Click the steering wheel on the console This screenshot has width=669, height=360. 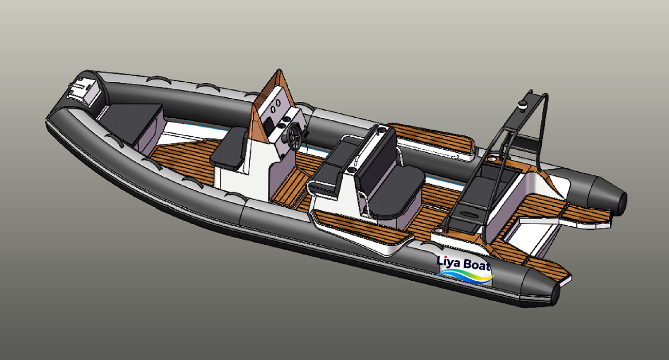[295, 134]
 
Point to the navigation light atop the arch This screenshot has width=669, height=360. [522, 106]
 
